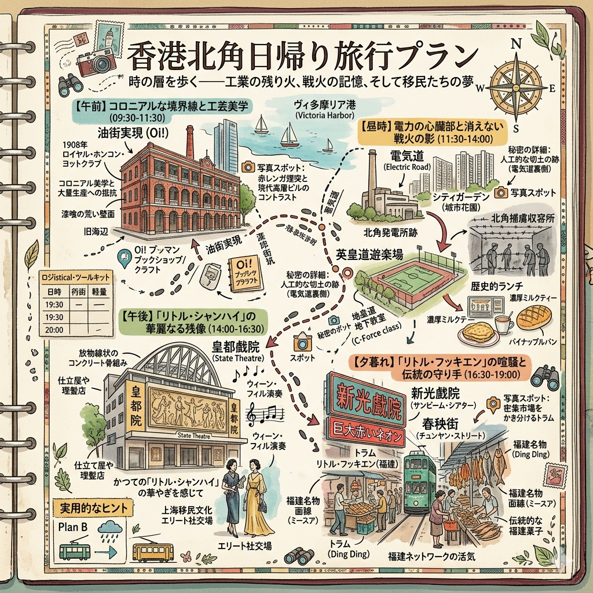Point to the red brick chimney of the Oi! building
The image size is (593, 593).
click(x=189, y=141)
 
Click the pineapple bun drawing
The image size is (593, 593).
click(x=536, y=318)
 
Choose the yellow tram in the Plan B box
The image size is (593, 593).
click(x=152, y=551)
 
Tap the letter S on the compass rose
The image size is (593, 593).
click(x=516, y=128)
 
